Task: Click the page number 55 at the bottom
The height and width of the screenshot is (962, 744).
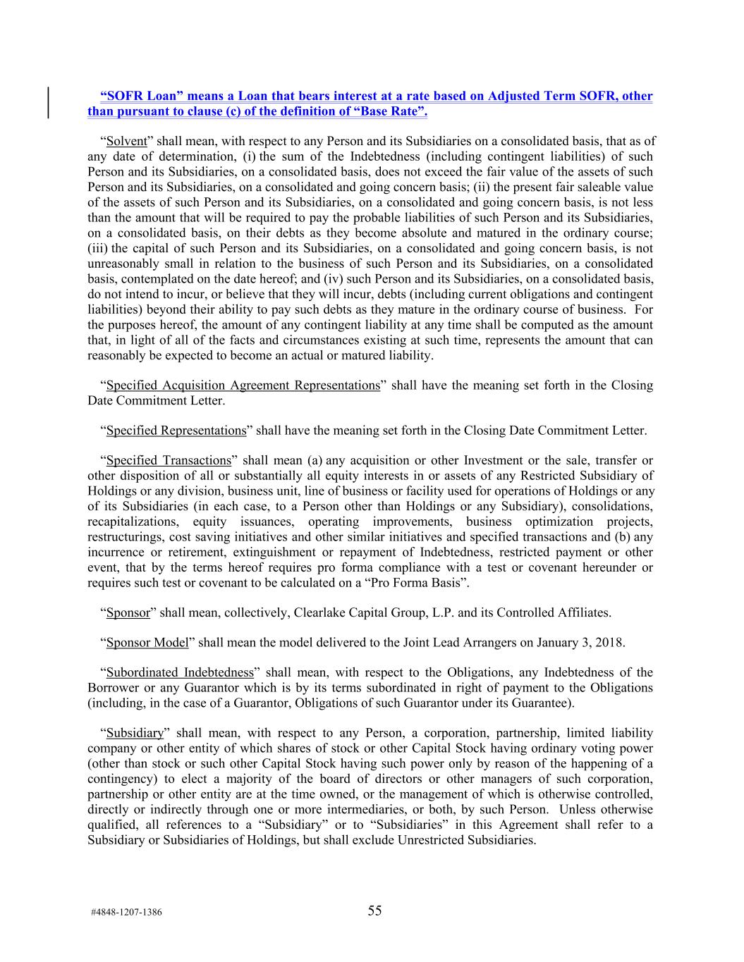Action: tap(374, 911)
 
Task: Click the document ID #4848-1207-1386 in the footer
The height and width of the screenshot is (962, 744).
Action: tap(126, 913)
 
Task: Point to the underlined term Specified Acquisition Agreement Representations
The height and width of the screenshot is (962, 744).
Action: tap(243, 386)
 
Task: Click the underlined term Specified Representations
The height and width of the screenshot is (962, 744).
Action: tap(176, 431)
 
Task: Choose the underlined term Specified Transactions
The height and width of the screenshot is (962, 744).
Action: tap(169, 461)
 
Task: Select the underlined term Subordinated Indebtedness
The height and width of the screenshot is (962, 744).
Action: tap(179, 673)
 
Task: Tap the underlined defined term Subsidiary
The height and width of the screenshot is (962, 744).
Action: tap(135, 734)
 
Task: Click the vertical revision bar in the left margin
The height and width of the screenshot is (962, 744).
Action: tap(48, 103)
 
